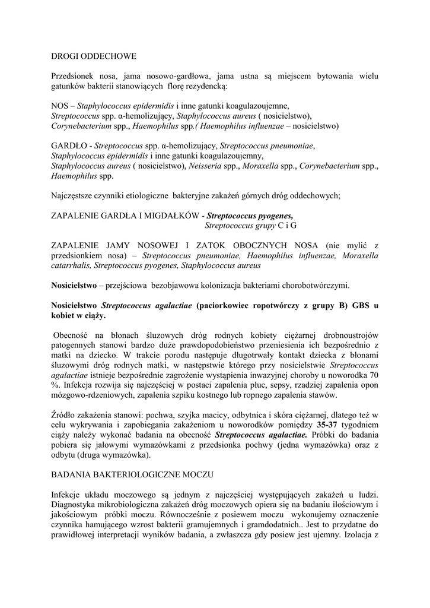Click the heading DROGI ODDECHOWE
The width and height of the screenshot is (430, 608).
coord(94,56)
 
